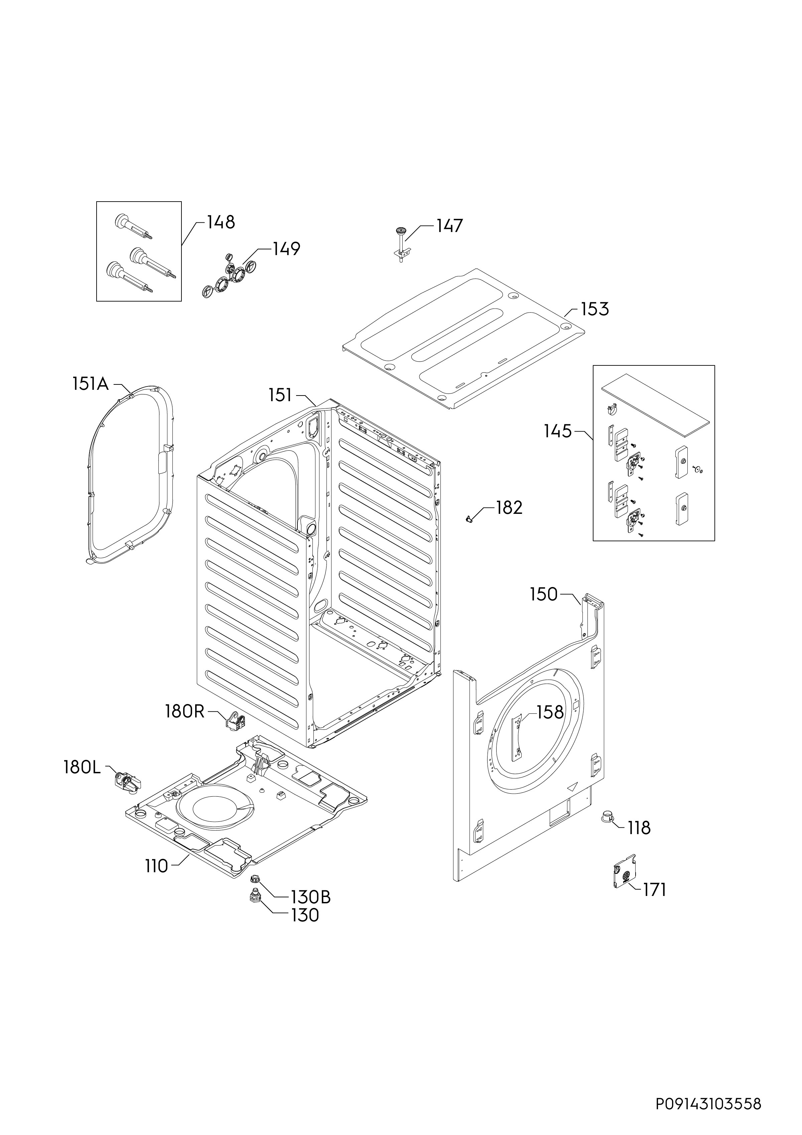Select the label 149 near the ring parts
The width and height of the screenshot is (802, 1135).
pos(286,249)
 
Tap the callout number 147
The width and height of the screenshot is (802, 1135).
pos(449,226)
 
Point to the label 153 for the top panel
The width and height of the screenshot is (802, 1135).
pos(594,310)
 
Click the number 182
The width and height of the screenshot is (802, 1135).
pos(509,508)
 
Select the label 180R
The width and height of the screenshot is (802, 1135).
pos(185,712)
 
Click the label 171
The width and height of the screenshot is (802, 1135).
pos(654,890)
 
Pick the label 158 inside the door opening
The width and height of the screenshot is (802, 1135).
pos(550,712)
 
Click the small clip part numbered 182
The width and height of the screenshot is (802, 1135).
pos(469,518)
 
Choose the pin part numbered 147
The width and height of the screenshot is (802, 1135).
pos(401,244)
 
